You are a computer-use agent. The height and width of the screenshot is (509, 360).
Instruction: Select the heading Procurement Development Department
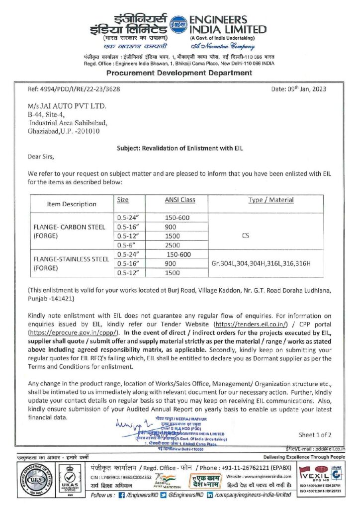pos(180,73)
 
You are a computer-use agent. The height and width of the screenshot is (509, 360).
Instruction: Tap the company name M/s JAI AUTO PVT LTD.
pos(68,106)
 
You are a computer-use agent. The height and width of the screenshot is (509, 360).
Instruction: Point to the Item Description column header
pos(72,204)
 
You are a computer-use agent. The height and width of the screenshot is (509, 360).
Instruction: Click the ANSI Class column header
pos(180,200)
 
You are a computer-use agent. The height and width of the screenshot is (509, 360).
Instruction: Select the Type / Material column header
pos(270,200)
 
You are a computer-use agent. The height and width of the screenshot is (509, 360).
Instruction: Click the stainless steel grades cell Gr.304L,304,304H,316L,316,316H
pos(261,263)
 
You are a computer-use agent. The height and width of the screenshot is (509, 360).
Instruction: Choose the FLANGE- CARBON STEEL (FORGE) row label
pos(69,232)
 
